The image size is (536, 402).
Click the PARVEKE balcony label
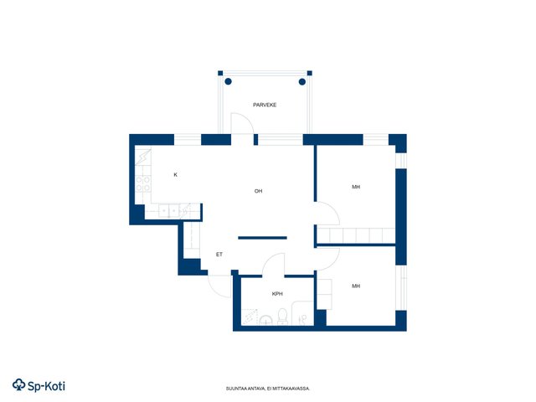click(x=265, y=105)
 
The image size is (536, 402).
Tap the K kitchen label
click(x=176, y=175)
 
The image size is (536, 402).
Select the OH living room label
click(x=259, y=191)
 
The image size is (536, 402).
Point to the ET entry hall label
click(x=219, y=255)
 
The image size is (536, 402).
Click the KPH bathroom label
click(x=277, y=294)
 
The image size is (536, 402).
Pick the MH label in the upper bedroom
click(x=356, y=187)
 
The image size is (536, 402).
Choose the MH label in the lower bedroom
click(x=356, y=286)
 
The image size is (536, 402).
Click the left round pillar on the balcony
click(x=229, y=81)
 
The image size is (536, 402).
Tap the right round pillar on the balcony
click(x=302, y=82)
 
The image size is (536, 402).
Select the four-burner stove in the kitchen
click(x=143, y=184)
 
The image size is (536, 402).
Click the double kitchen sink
click(x=169, y=211)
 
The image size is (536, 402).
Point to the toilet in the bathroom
click(x=282, y=317)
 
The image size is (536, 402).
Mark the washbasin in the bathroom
click(x=265, y=321)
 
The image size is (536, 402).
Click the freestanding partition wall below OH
click(x=262, y=238)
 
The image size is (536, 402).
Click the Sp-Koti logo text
click(x=46, y=386)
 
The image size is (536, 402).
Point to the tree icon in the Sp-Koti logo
click(x=18, y=385)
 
